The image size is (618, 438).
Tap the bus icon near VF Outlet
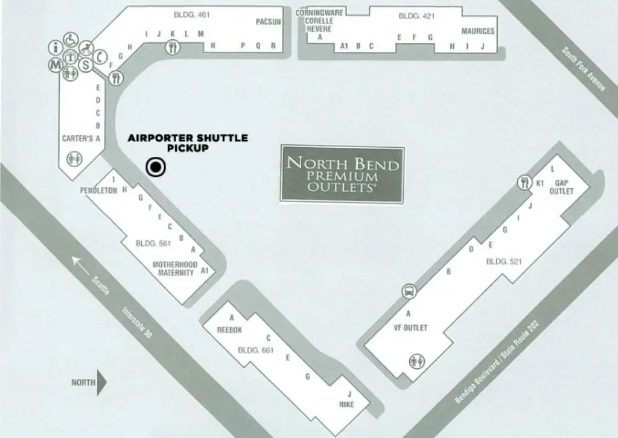409,291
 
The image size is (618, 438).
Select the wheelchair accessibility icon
71,40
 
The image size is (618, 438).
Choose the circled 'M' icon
55,63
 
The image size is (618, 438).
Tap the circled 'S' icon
86,65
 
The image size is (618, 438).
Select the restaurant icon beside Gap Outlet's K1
524,182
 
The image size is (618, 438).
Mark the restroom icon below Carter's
76,159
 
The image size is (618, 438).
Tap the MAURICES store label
478,31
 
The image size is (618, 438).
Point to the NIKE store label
346,405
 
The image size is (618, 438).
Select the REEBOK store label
229,329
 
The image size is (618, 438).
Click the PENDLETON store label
98,190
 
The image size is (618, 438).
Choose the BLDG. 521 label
503,262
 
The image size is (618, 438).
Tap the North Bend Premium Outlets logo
343,174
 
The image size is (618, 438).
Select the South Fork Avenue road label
582,69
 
